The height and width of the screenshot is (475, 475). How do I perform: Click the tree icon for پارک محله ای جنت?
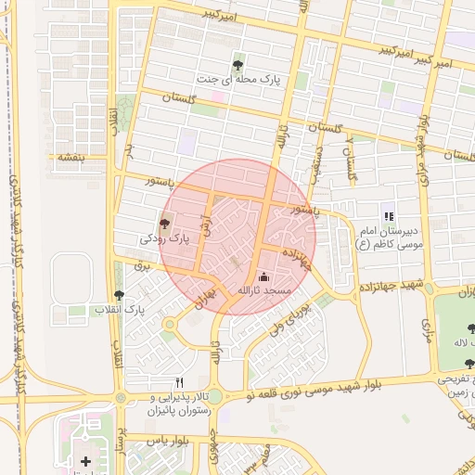point(238,66)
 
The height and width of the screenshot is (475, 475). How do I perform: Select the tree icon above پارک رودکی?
point(165,223)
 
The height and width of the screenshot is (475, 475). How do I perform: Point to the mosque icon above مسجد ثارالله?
point(263,276)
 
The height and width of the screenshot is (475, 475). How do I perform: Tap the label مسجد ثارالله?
point(263,291)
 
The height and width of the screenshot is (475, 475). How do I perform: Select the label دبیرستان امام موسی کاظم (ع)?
point(389,238)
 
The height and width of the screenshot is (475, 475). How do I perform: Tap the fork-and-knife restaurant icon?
point(180,381)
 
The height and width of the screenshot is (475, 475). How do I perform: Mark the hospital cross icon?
point(86,460)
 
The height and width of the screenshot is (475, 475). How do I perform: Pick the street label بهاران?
point(202,297)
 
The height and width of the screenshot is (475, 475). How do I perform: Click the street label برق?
point(142,265)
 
